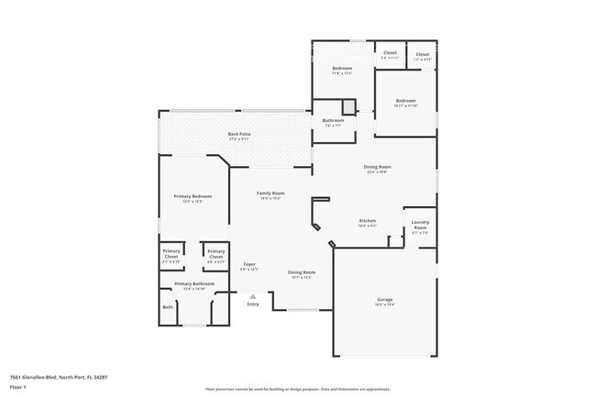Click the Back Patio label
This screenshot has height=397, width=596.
click(x=238, y=135)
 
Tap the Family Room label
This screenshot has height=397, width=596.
click(x=270, y=193)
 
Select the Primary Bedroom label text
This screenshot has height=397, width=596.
click(x=193, y=196)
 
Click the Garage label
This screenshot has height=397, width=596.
click(x=385, y=300)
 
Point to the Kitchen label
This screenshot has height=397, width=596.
click(x=368, y=221)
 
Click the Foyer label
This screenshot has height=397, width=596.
click(x=249, y=265)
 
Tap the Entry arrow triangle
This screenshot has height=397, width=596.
click(x=253, y=296)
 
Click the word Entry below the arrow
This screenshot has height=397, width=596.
click(x=253, y=304)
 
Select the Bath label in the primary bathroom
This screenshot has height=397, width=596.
click(x=168, y=307)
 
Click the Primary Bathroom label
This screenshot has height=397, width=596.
click(x=193, y=284)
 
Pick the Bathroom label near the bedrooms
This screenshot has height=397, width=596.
click(x=333, y=121)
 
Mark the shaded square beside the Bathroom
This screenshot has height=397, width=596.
click(x=348, y=107)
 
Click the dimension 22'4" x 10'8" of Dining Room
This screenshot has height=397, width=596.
click(x=377, y=171)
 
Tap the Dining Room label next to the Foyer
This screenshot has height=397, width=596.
click(x=302, y=272)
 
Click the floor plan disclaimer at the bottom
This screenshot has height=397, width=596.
click(x=299, y=390)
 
